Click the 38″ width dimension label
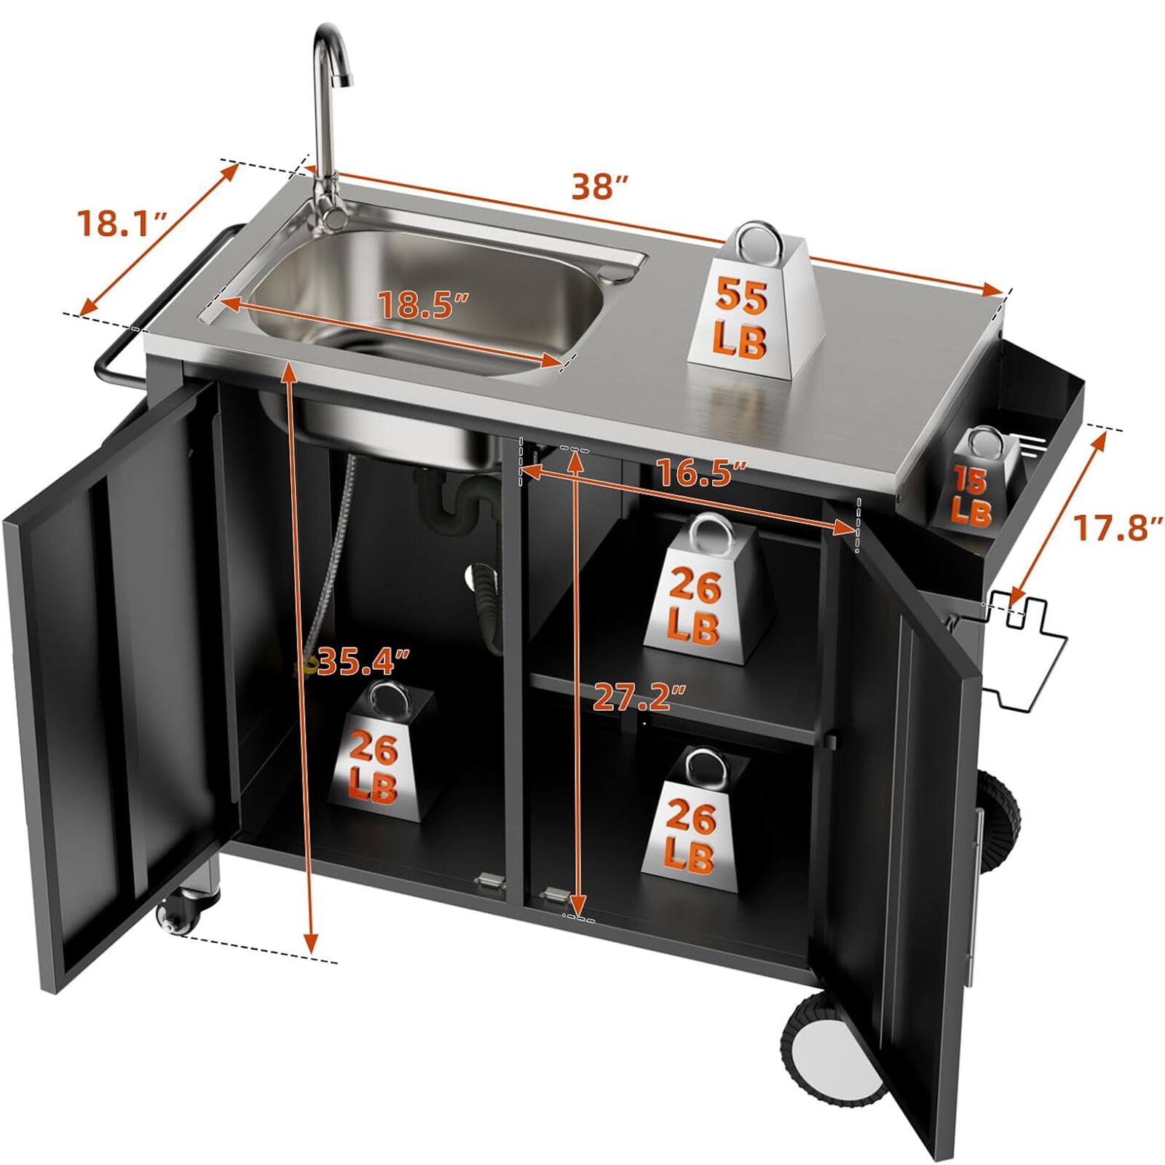(x=599, y=187)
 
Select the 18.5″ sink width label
(x=423, y=304)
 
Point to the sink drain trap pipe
(x=459, y=502)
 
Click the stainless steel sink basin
(x=430, y=291)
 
